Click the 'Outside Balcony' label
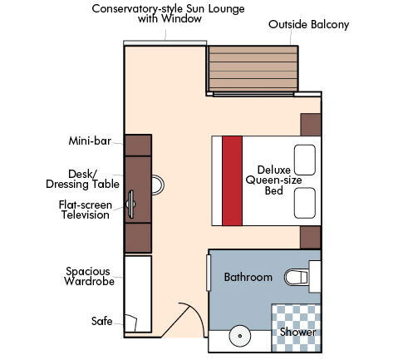pos(308,25)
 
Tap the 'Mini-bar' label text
pos(90,141)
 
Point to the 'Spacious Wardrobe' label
pos(90,276)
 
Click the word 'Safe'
pos(101,320)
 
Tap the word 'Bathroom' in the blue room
pos(248,277)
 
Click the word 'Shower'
pos(297,333)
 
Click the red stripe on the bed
pos(232,180)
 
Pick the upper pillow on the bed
pos(305,159)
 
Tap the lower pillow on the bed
pos(305,201)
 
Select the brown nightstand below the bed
pos(310,236)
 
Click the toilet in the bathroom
pos(298,276)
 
